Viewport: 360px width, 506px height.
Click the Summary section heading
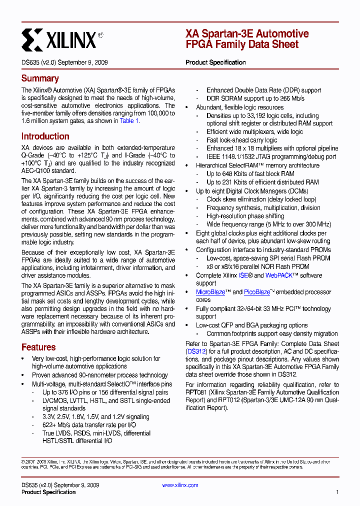[x=40, y=78]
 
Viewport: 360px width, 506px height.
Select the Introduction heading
[x=45, y=136]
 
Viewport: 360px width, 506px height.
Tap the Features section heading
[x=38, y=347]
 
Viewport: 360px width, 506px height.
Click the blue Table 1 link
[x=129, y=121]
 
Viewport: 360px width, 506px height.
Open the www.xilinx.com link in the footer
[x=180, y=485]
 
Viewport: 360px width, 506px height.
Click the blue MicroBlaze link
[x=210, y=292]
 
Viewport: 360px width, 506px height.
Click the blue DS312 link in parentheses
[x=195, y=351]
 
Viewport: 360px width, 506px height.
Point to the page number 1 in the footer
[x=337, y=492]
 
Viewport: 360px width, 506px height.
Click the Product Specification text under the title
[x=215, y=62]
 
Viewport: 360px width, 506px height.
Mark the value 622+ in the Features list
[x=50, y=425]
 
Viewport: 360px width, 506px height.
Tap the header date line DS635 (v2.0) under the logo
[x=64, y=62]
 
